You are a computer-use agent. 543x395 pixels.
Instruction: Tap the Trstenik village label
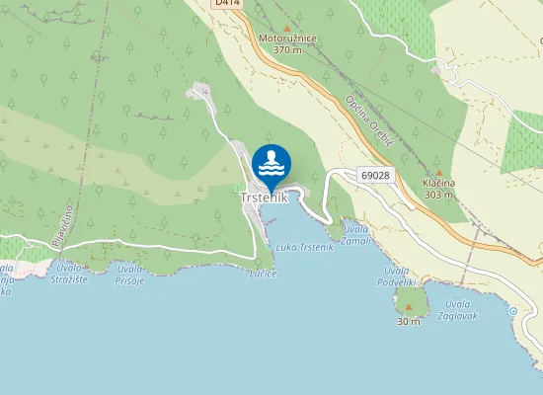[265, 197]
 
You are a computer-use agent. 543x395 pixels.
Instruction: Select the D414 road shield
[226, 5]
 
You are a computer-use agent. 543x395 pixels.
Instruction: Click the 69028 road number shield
[375, 175]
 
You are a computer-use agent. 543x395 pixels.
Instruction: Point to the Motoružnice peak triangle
[287, 28]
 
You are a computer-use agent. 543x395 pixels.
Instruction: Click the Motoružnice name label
[287, 39]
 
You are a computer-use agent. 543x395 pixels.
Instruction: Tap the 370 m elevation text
[287, 49]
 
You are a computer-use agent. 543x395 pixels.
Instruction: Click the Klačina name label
[438, 184]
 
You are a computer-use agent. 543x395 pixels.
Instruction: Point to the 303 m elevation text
[438, 195]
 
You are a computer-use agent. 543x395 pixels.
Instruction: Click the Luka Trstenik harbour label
[305, 247]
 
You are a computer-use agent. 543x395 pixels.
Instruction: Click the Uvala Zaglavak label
[461, 309]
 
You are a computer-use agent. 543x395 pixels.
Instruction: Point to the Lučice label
[264, 273]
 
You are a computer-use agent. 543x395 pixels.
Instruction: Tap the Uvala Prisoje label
[129, 275]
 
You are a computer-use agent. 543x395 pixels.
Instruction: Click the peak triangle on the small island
[409, 306]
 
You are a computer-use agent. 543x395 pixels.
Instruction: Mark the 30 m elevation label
[409, 322]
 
